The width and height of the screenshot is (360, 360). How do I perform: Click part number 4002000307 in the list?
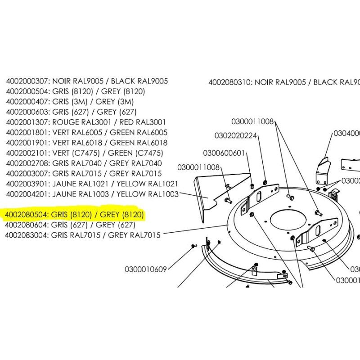[x=27, y=81]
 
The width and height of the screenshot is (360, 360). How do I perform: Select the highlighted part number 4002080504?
[x=27, y=215]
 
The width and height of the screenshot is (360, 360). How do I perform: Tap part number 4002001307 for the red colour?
[x=27, y=122]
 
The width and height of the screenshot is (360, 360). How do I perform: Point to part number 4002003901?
[x=27, y=184]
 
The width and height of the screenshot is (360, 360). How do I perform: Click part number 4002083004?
[x=27, y=235]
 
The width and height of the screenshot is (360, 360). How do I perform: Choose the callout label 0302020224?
[x=235, y=135]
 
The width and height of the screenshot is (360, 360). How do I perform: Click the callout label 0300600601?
[x=224, y=153]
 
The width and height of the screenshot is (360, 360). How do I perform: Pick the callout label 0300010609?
[x=146, y=270]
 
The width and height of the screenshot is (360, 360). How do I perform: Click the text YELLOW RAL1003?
[x=148, y=194]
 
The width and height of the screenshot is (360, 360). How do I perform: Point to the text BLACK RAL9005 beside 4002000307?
[x=139, y=81]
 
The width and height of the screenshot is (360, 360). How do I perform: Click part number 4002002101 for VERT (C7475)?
[x=27, y=153]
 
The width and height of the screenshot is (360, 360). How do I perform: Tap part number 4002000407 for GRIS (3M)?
[x=27, y=102]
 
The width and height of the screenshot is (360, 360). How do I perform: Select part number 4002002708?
[x=27, y=163]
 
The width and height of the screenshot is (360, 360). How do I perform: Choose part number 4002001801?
[x=27, y=133]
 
